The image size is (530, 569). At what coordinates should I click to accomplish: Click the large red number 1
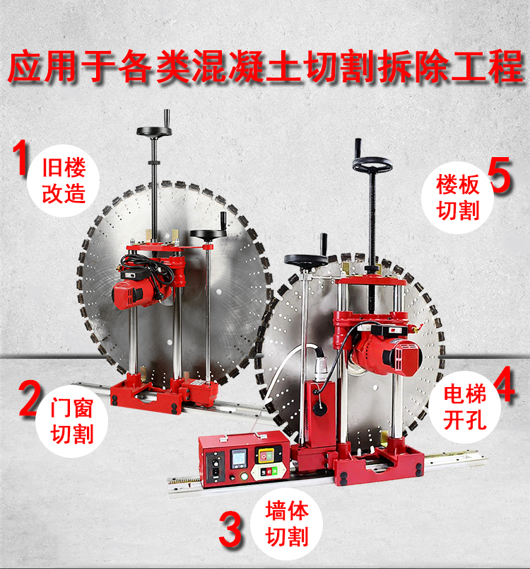pyautogui.click(x=20, y=158)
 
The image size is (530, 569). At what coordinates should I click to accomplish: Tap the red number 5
pyautogui.click(x=499, y=175)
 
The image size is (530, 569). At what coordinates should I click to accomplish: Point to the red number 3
pyautogui.click(x=230, y=529)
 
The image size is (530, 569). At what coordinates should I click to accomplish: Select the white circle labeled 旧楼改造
pyautogui.click(x=64, y=180)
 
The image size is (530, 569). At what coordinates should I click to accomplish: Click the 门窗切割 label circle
pyautogui.click(x=72, y=421)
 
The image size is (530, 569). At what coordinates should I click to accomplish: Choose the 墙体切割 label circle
pyautogui.click(x=287, y=524)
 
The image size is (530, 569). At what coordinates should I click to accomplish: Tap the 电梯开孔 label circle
pyautogui.click(x=465, y=407)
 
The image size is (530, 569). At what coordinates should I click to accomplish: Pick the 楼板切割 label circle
pyautogui.click(x=457, y=197)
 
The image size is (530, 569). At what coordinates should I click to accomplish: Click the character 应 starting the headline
pyautogui.click(x=25, y=67)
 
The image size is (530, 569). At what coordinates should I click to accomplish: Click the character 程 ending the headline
pyautogui.click(x=506, y=67)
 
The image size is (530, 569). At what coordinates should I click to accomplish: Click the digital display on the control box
pyautogui.click(x=239, y=459)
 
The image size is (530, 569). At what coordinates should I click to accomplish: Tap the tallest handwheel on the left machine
pyautogui.click(x=153, y=131)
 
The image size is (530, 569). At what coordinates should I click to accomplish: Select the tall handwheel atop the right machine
pyautogui.click(x=372, y=164)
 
